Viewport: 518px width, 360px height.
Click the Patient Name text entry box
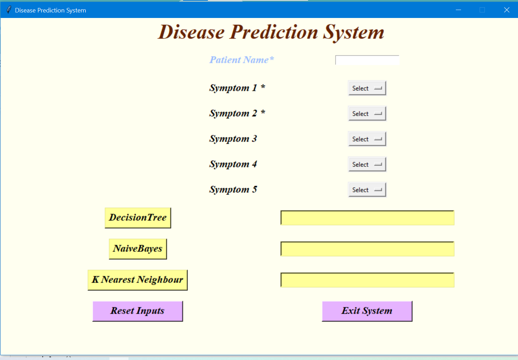pos(367,60)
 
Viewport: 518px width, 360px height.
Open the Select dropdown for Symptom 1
pos(367,88)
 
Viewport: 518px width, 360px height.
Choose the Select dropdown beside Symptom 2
pos(367,114)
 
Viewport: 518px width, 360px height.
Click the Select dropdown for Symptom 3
pos(367,139)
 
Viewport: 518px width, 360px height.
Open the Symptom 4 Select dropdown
pos(367,164)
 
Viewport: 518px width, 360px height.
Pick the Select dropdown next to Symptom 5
pos(367,190)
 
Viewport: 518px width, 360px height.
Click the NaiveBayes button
pos(138,249)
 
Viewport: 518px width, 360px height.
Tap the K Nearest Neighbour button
pos(137,280)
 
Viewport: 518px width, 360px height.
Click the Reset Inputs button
pos(137,311)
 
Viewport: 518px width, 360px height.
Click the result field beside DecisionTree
pos(367,218)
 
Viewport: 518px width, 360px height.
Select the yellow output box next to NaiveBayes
pos(367,249)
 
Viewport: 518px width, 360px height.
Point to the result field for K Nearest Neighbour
pos(367,280)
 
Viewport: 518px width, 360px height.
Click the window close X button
pos(507,10)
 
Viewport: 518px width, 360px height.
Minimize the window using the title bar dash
pos(458,10)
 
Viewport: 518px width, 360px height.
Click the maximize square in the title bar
pos(482,10)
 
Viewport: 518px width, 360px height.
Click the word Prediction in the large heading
pos(274,32)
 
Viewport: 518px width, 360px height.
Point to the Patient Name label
pos(241,60)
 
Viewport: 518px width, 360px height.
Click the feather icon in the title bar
pos(9,10)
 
